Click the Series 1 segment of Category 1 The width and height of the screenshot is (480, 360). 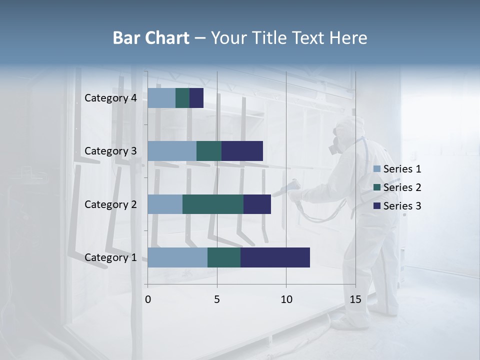pos(177,257)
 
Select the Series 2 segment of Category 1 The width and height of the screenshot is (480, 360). pos(224,257)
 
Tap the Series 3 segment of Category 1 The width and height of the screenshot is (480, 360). pos(275,257)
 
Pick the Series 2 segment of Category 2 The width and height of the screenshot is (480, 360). pos(213,204)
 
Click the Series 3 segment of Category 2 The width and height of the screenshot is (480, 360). pos(257,204)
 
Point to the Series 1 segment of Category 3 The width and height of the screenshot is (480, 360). pos(172,151)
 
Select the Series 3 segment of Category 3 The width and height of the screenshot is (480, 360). pos(242,151)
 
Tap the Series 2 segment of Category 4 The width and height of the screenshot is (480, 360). pos(182,98)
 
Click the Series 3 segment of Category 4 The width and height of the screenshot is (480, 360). pos(196,98)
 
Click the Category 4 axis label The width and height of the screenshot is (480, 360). pos(110,98)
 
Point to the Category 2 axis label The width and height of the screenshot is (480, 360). pos(110,204)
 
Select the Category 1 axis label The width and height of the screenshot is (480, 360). pos(110,257)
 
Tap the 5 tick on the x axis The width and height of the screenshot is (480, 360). pos(217,299)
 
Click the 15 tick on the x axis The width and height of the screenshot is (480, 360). pos(355,299)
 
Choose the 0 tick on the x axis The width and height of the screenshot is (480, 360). pos(148,299)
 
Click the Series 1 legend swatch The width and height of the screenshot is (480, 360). pos(377,169)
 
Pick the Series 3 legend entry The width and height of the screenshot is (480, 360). pos(397,206)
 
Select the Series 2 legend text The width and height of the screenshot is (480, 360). pos(402,187)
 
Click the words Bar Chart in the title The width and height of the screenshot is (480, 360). pos(150,38)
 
